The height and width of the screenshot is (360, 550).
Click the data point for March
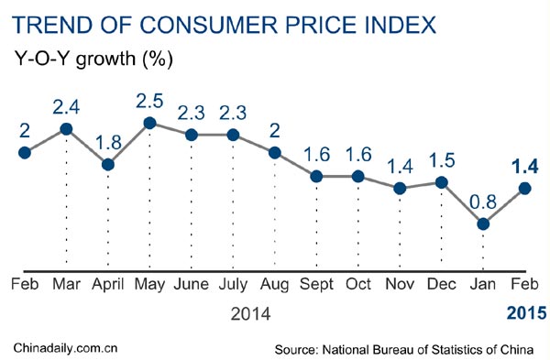pyautogui.click(x=66, y=129)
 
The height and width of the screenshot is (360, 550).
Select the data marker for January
pyautogui.click(x=483, y=224)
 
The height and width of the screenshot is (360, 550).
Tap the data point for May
pyautogui.click(x=150, y=123)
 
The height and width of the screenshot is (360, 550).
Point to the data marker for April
pyautogui.click(x=108, y=165)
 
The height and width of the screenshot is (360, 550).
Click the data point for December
pyautogui.click(x=442, y=182)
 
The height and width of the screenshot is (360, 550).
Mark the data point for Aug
pyautogui.click(x=275, y=152)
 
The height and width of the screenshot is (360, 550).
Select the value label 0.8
pyautogui.click(x=483, y=199)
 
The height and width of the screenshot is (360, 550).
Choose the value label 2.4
pyautogui.click(x=66, y=104)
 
